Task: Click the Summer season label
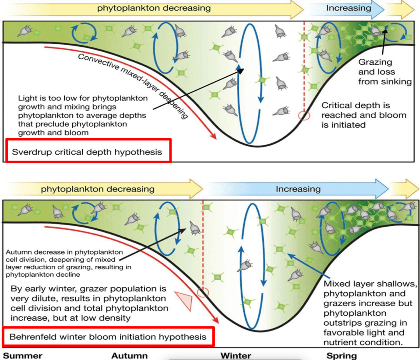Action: point(23,356)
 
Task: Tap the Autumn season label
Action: point(129,356)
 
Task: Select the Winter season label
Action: point(236,356)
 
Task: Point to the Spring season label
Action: point(341,356)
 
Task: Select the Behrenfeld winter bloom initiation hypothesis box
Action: point(108,337)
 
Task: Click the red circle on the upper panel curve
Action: point(304,116)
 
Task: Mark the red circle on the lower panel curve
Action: point(203,292)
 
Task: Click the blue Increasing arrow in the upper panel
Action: point(346,9)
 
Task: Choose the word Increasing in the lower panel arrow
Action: point(298,189)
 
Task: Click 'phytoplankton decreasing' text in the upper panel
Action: point(154,8)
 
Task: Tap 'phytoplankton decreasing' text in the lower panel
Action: point(98,189)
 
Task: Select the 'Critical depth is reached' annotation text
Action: point(364,115)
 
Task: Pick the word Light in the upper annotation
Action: point(27,98)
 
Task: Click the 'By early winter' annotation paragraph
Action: point(89,303)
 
